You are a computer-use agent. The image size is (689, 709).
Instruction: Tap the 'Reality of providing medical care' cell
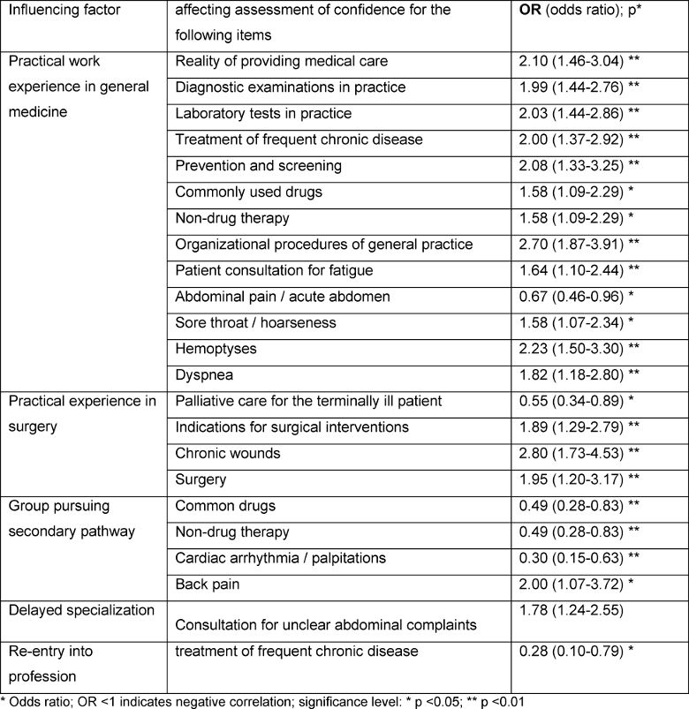pyautogui.click(x=281, y=62)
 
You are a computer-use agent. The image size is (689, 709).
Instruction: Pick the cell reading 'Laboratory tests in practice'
pyautogui.click(x=263, y=114)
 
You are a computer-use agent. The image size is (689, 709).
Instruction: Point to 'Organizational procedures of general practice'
pyautogui.click(x=324, y=245)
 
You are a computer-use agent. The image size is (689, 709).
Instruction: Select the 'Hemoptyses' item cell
pyautogui.click(x=216, y=349)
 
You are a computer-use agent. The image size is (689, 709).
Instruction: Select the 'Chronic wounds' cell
pyautogui.click(x=228, y=454)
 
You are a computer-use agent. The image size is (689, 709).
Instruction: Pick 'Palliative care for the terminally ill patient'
pyautogui.click(x=309, y=402)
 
